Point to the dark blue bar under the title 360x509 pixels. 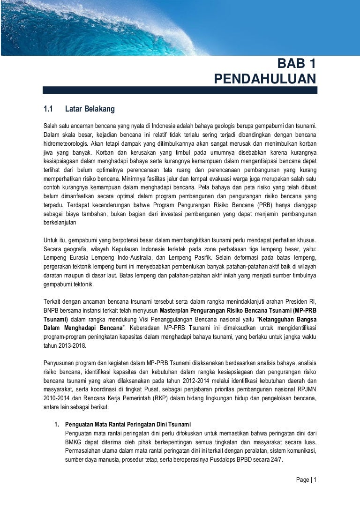point(180,90)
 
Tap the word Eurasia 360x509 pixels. point(77,257)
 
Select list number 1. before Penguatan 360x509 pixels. point(56,424)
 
